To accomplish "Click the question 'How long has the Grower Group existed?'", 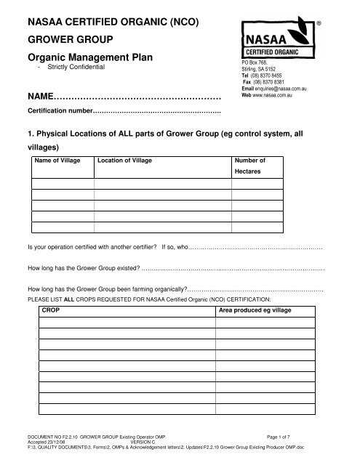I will click(82, 268).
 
